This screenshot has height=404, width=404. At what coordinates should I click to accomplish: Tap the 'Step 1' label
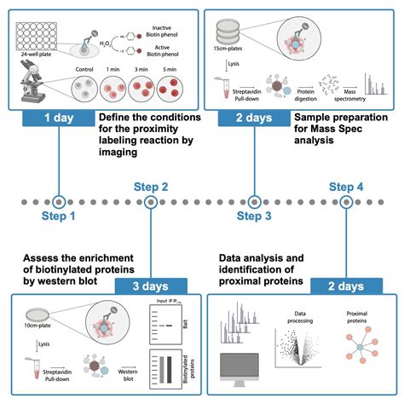click(58, 217)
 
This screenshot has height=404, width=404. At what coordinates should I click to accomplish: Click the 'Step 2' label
click(151, 186)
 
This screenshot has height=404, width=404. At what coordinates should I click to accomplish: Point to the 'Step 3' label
click(255, 217)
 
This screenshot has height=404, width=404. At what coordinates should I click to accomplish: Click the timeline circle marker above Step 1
click(59, 202)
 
